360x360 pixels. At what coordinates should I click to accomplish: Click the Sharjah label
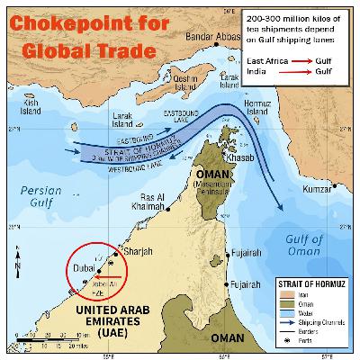coord(132,252)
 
